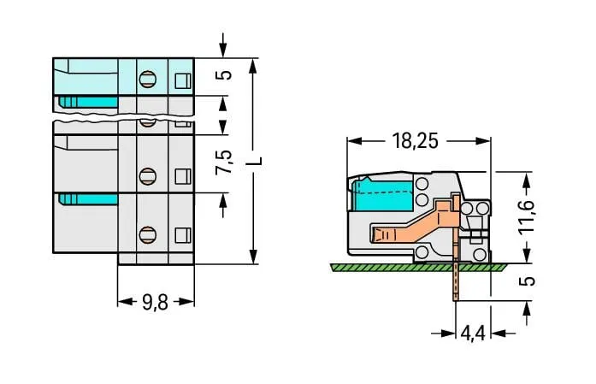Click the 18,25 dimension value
415,141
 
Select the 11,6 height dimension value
527,216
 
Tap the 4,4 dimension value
473,334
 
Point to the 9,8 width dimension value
155,303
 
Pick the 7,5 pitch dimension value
223,162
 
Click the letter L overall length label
257,161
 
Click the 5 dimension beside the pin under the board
527,281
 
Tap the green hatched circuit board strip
418,268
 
